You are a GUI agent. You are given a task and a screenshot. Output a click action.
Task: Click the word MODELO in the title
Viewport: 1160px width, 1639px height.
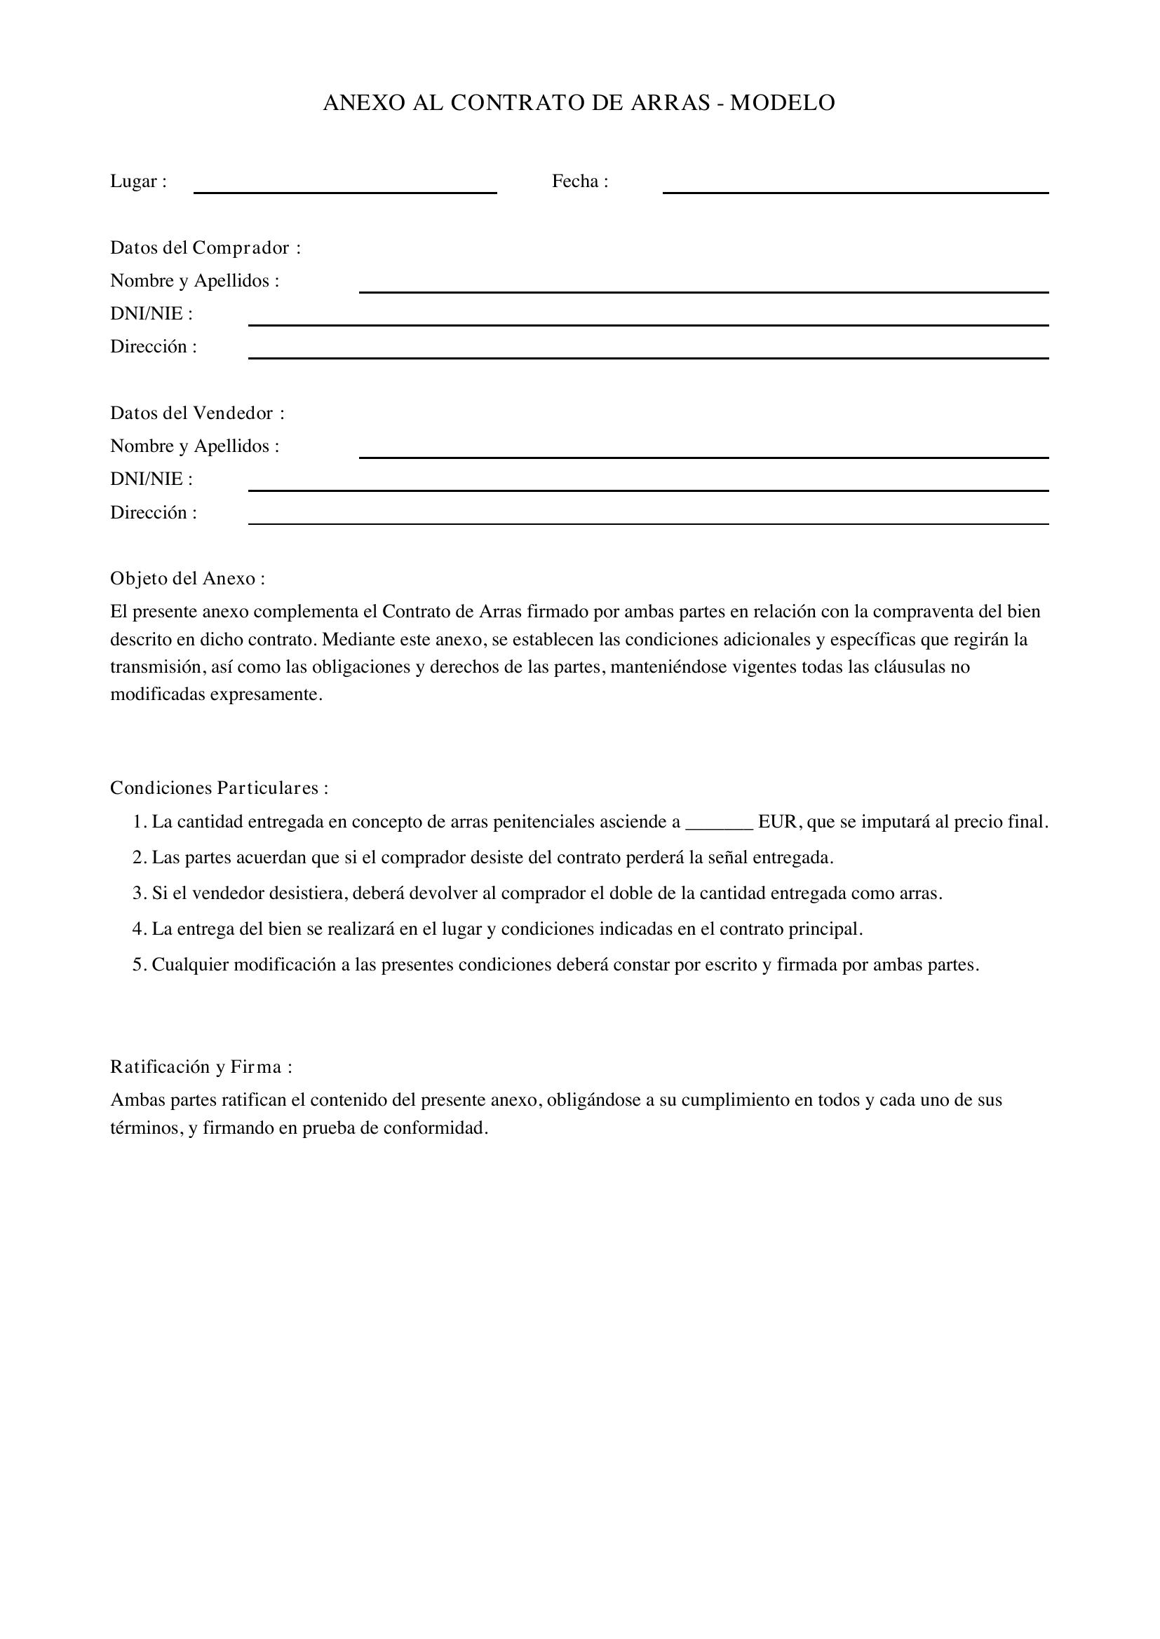[781, 104]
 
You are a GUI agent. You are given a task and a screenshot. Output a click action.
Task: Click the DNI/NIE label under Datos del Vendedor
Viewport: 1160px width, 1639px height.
[151, 479]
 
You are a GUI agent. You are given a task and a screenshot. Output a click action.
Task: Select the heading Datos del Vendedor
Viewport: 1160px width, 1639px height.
[197, 413]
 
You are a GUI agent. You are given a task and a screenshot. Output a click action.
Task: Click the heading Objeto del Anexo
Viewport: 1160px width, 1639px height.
[187, 579]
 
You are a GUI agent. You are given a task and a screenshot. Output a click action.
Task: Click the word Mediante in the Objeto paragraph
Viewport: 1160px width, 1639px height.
[354, 640]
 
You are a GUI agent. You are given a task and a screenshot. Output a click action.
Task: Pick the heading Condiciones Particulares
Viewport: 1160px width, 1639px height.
[219, 788]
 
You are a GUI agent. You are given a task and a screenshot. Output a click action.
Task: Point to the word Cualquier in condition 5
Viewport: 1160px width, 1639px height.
[190, 965]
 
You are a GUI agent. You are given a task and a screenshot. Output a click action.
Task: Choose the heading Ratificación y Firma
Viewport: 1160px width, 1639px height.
[201, 1067]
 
